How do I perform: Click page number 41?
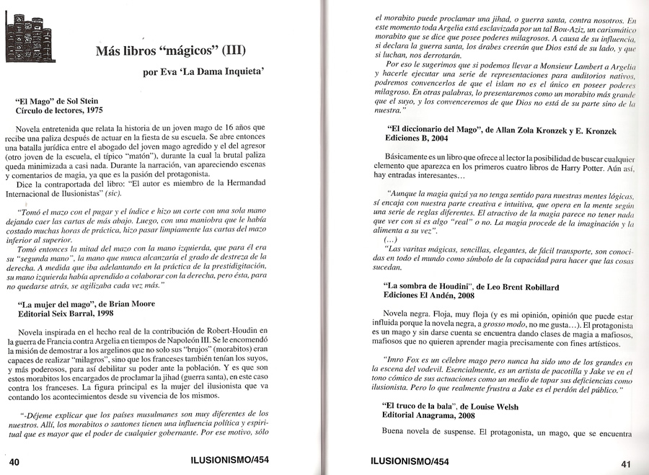(625, 463)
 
